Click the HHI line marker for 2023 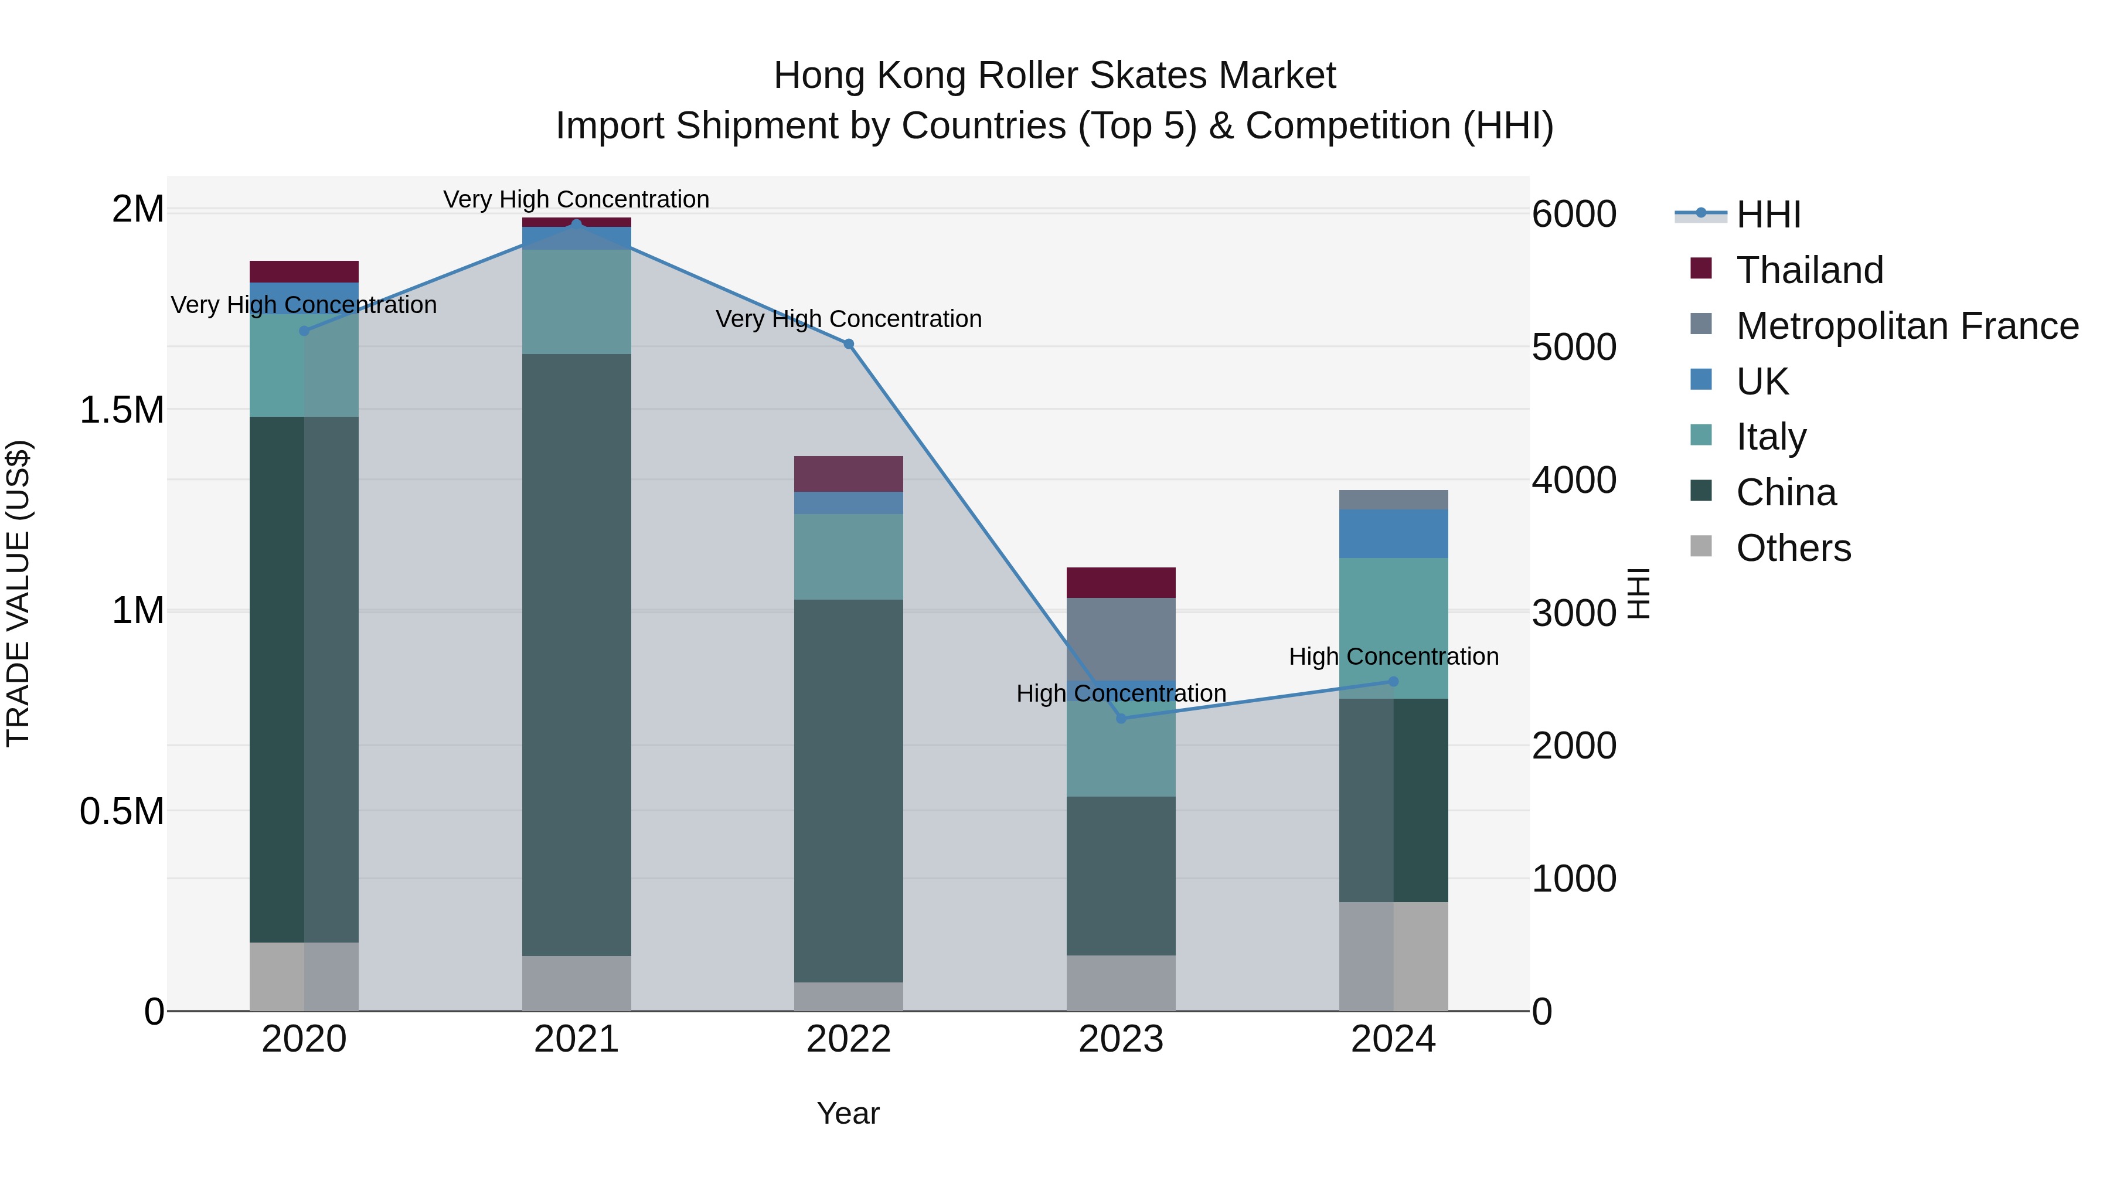tap(1121, 719)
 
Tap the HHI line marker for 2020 tap(304, 331)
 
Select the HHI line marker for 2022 tap(849, 344)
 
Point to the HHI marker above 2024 tap(1393, 682)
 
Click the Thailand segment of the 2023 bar tap(1121, 583)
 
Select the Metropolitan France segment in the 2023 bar tap(1121, 639)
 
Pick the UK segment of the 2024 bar tap(1393, 533)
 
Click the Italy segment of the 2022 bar tap(849, 556)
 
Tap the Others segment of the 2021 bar tap(577, 983)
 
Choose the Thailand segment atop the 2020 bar tap(304, 271)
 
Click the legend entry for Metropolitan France tap(1907, 326)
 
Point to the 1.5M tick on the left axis tap(122, 410)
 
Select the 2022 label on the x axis tap(849, 1039)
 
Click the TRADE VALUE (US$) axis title tap(18, 593)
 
